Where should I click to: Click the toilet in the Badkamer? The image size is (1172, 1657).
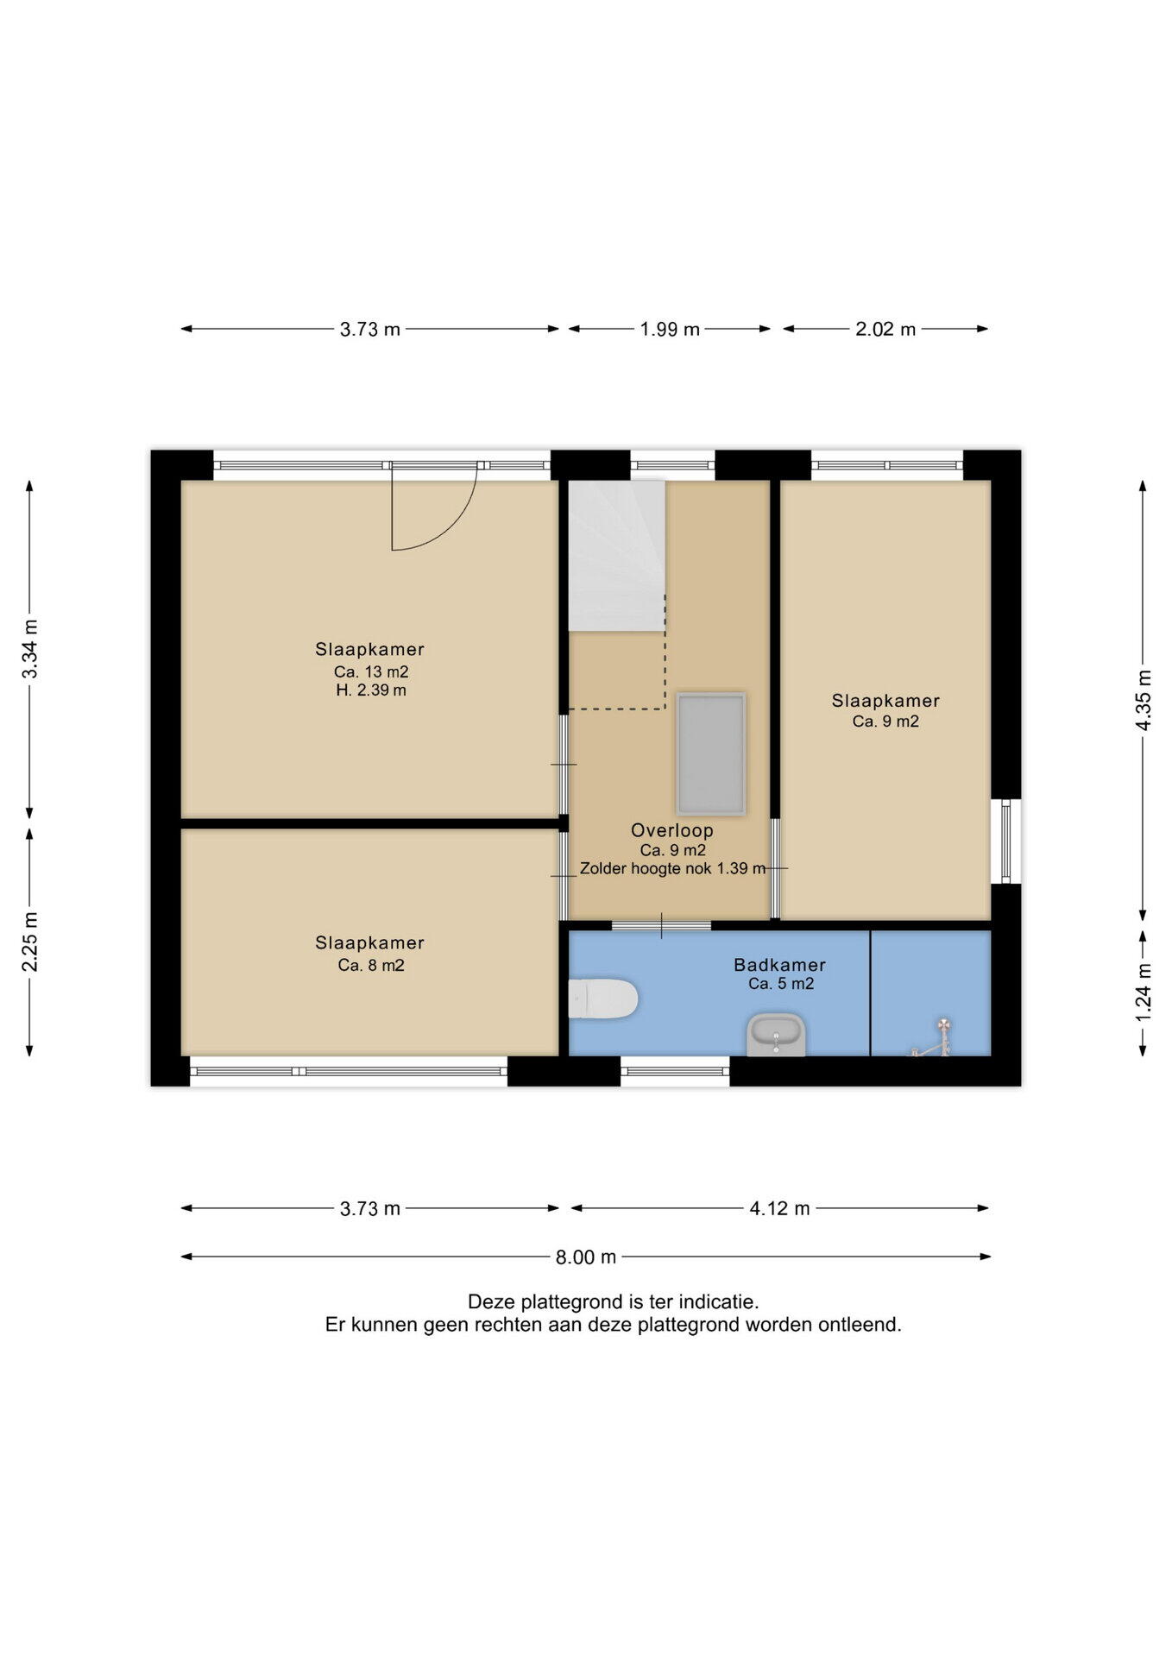[603, 999]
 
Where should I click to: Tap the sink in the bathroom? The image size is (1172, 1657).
[776, 1035]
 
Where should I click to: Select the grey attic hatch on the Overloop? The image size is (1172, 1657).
[711, 753]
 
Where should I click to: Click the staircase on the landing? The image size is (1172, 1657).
[616, 556]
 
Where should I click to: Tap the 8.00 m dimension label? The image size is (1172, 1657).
[586, 1257]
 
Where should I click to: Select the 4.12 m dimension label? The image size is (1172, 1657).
[779, 1208]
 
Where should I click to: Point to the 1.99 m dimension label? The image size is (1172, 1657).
[670, 329]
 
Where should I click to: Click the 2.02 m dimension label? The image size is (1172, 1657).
[885, 329]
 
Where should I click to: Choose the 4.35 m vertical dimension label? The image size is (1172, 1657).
[1143, 700]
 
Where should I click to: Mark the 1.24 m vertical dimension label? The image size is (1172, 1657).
[1143, 992]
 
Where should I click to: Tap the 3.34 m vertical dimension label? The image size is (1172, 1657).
[30, 649]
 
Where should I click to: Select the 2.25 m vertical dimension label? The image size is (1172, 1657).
[30, 942]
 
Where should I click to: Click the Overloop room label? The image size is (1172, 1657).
[672, 830]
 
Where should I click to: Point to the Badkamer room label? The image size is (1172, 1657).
[780, 965]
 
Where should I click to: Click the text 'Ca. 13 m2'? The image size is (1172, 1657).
[371, 671]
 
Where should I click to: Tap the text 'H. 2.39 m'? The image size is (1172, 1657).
[371, 690]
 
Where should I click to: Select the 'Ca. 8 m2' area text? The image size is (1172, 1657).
[371, 965]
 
